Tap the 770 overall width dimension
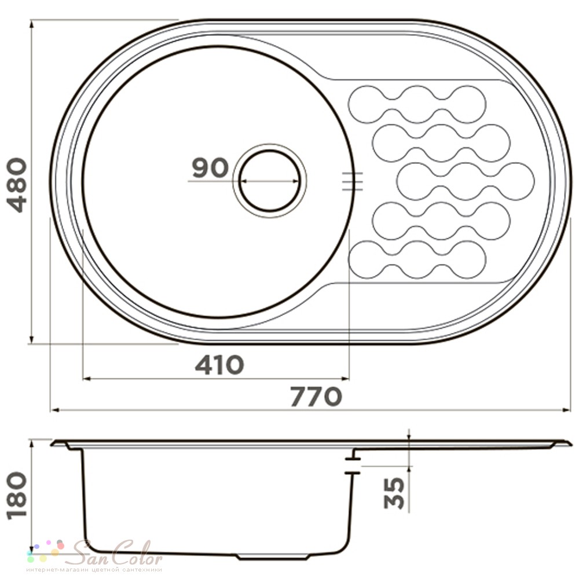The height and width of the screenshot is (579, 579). pyautogui.click(x=317, y=397)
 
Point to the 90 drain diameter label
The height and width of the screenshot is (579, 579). pyautogui.click(x=210, y=167)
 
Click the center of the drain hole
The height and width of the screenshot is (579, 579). pyautogui.click(x=270, y=181)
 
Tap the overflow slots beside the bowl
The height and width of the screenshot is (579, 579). pyautogui.click(x=352, y=181)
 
